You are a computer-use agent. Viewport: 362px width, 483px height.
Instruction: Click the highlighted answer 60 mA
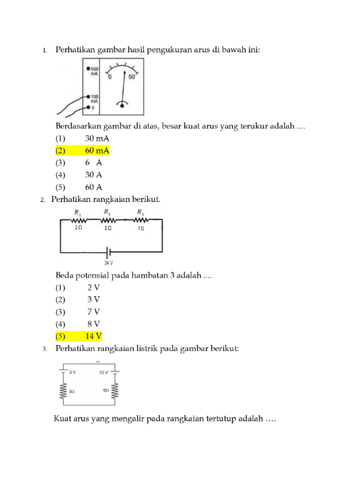point(97,151)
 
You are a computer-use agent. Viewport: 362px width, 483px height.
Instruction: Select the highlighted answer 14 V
point(93,336)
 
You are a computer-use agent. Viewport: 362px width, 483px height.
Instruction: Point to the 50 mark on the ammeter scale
point(132,77)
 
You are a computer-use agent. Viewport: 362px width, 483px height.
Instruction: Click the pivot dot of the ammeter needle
point(123,106)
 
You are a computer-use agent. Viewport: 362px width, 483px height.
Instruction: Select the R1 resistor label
point(77,213)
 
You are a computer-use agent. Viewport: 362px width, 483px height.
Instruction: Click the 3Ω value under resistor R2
point(107,228)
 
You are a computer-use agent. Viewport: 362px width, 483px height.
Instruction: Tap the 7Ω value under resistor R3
point(141,228)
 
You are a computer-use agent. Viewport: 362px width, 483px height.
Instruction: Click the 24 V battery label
point(109,263)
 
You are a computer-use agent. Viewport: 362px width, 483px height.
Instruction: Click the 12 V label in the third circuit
point(104,372)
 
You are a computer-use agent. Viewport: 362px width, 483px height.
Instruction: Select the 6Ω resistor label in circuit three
point(106,391)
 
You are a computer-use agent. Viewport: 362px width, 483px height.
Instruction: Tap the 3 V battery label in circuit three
point(73,372)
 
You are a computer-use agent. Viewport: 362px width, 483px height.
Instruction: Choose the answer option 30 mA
point(97,139)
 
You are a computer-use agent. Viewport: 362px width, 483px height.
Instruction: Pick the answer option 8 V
point(93,324)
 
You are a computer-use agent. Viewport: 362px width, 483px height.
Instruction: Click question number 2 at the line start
point(42,200)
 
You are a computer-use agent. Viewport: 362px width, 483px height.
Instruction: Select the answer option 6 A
point(93,163)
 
